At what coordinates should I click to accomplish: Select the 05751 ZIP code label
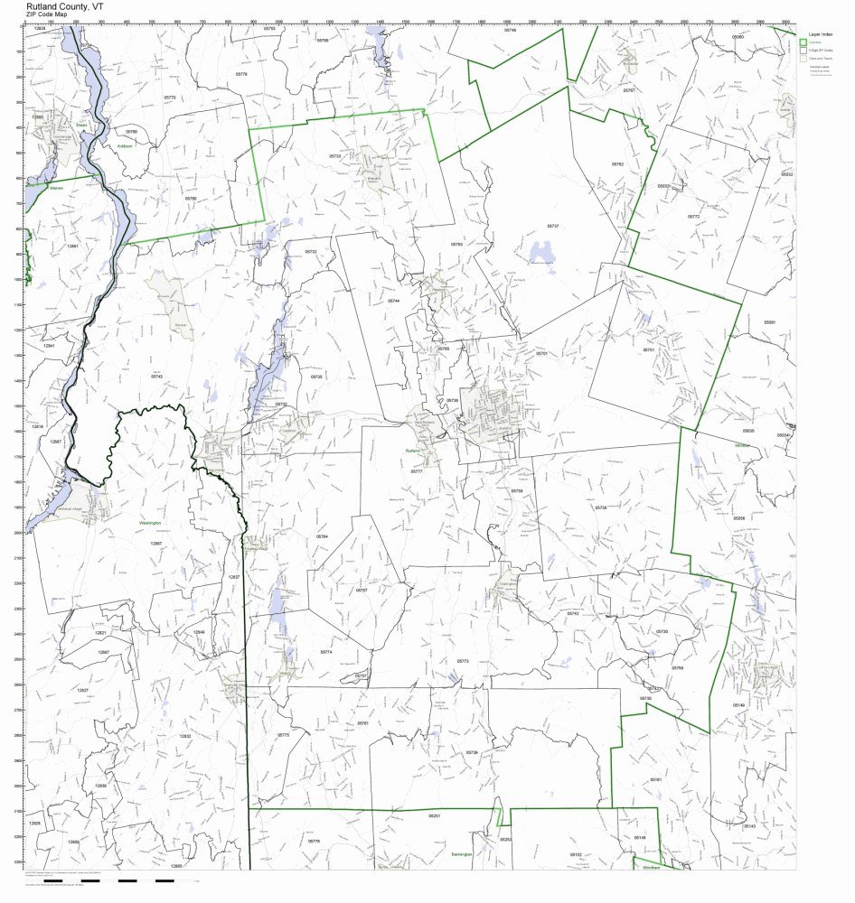pos(648,349)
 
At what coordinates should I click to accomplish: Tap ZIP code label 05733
pos(335,156)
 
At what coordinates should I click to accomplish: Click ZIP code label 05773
pos(463,662)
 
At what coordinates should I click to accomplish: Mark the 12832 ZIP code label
pos(185,736)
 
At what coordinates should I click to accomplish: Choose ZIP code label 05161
pos(656,779)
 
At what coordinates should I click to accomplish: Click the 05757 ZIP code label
pos(362,591)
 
